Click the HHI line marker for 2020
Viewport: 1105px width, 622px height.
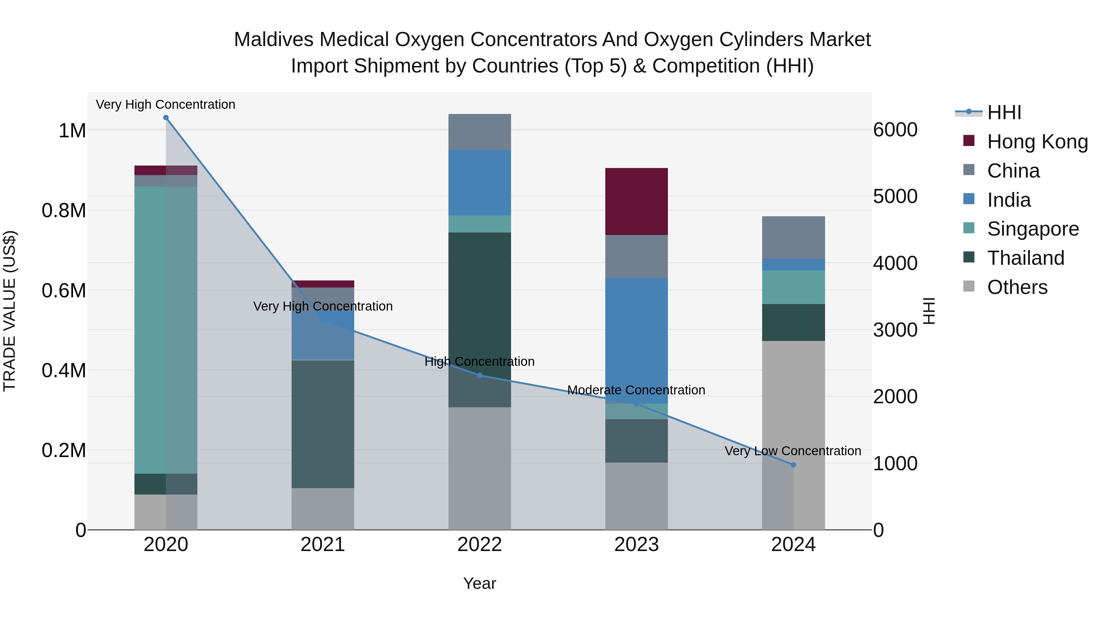pyautogui.click(x=166, y=118)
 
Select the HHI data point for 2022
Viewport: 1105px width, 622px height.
pyautogui.click(x=479, y=376)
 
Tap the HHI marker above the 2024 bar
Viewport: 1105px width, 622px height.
pyautogui.click(x=793, y=465)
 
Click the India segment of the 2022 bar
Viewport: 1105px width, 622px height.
pyautogui.click(x=479, y=182)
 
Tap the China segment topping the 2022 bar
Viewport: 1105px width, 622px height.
pyautogui.click(x=479, y=132)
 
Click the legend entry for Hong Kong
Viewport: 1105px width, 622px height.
pyautogui.click(x=1037, y=142)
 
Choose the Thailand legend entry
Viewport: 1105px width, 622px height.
pyautogui.click(x=1025, y=258)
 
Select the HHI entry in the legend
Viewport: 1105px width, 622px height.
pyautogui.click(x=1004, y=112)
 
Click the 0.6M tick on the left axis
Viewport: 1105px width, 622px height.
pyautogui.click(x=64, y=291)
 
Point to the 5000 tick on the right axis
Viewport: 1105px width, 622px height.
pyautogui.click(x=895, y=196)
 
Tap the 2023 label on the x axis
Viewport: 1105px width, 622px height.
pyautogui.click(x=636, y=545)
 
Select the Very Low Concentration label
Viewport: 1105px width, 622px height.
pyautogui.click(x=793, y=451)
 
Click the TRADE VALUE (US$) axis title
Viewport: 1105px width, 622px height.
pyautogui.click(x=10, y=311)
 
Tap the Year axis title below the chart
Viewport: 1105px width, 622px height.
pyautogui.click(x=479, y=584)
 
